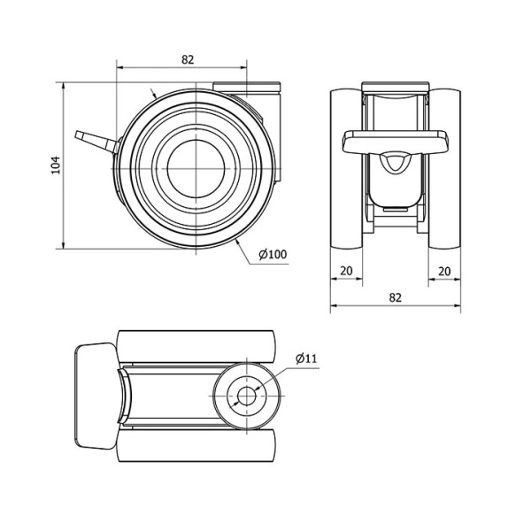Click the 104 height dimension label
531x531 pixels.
pyautogui.click(x=56, y=165)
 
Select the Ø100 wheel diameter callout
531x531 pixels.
pyautogui.click(x=273, y=254)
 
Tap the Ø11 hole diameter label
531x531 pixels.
pyautogui.click(x=306, y=358)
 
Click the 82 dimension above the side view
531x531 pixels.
pyautogui.click(x=188, y=59)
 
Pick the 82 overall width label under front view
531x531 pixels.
pyautogui.click(x=396, y=297)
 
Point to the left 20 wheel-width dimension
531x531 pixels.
pyautogui.click(x=346, y=271)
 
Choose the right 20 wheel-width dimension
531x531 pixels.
pyautogui.click(x=444, y=271)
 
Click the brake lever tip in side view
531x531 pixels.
pyautogui.click(x=78, y=135)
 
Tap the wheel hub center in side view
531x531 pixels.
pyautogui.click(x=196, y=169)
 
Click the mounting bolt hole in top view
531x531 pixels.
pyautogui.click(x=247, y=396)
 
